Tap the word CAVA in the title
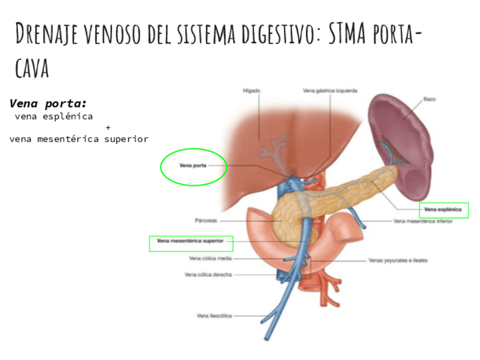click(x=32, y=69)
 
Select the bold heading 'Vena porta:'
click(x=48, y=104)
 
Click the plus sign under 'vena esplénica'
click(x=108, y=127)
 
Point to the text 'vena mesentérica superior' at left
click(x=79, y=139)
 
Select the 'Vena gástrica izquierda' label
click(x=329, y=90)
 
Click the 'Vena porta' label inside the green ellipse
click(x=193, y=166)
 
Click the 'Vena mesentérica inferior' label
click(x=431, y=221)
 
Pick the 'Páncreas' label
click(x=205, y=221)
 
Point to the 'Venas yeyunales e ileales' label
click(x=397, y=261)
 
